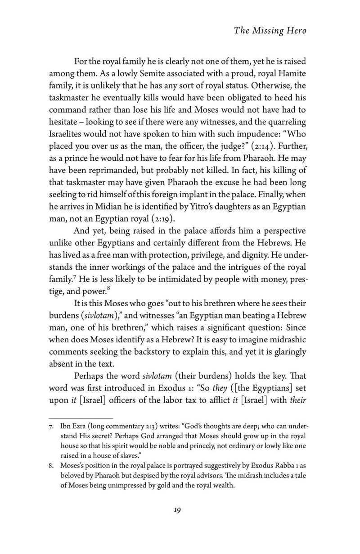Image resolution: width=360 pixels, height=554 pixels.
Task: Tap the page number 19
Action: tap(177, 522)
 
